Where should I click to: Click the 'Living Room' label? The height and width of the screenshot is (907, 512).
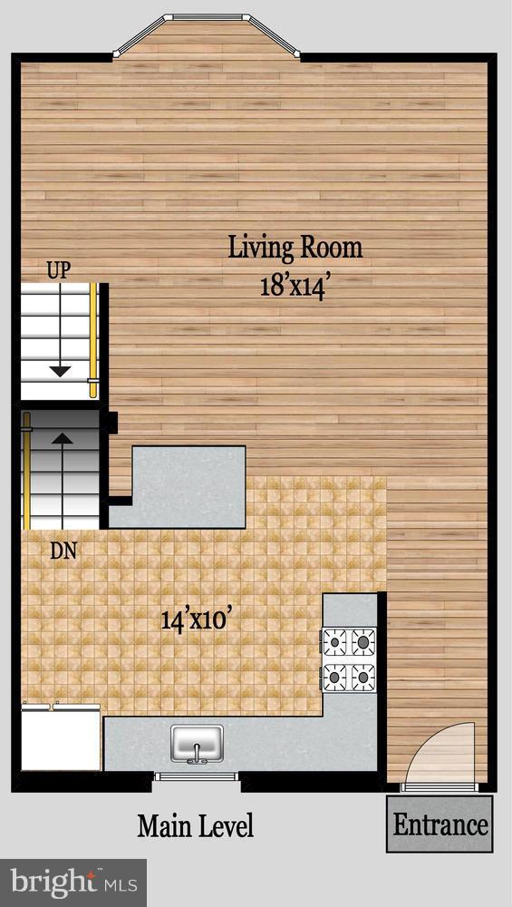(295, 248)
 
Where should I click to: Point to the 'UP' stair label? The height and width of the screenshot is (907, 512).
(59, 269)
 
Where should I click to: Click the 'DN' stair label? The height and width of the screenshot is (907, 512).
(63, 550)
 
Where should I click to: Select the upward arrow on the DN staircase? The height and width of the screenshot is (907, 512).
(62, 442)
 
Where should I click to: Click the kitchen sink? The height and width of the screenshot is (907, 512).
(197, 743)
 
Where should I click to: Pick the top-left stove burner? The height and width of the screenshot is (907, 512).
(335, 642)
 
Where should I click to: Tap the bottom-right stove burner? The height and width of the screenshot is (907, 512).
(363, 676)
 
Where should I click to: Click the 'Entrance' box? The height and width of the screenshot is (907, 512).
(440, 824)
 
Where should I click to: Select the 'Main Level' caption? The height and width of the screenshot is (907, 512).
(195, 826)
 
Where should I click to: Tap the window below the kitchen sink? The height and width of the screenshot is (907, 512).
(196, 776)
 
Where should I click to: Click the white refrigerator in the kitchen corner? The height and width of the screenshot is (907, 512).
(61, 737)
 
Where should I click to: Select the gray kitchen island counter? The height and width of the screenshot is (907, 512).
(188, 486)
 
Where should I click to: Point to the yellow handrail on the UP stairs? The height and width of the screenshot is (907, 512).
(92, 340)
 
